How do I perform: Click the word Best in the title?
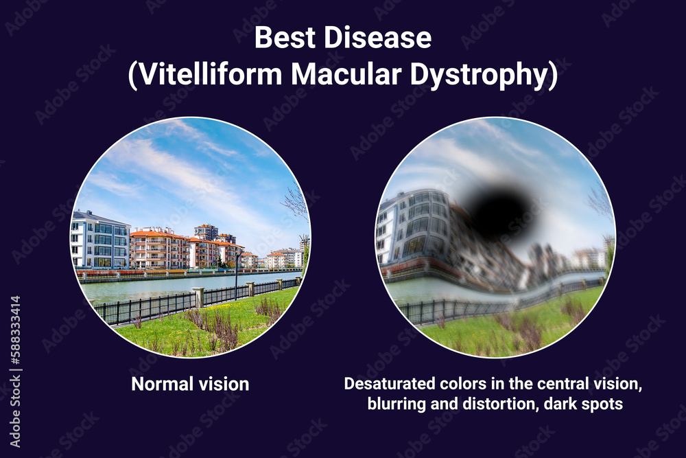[x=281, y=38]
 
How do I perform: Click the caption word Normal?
[x=163, y=384]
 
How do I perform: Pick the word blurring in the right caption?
[x=397, y=404]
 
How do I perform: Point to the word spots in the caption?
[x=603, y=404]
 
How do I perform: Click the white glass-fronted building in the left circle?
[x=100, y=240]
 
